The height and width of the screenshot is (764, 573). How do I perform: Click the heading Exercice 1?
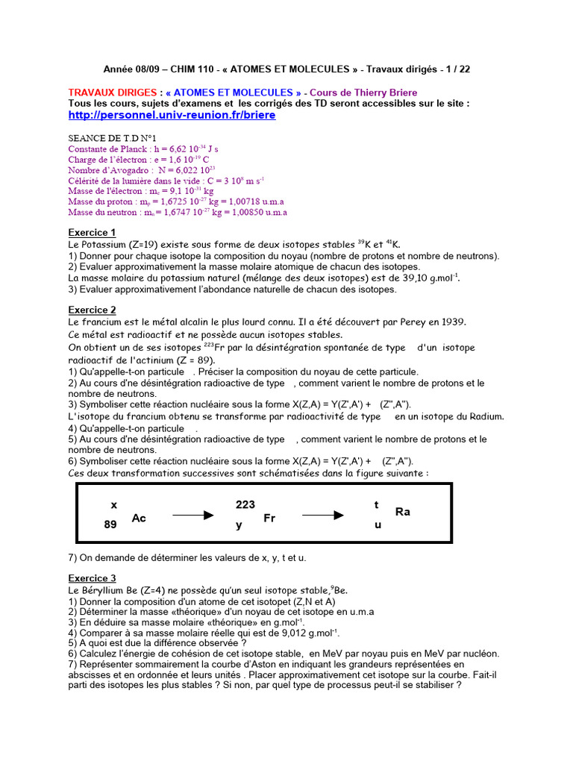[x=92, y=232]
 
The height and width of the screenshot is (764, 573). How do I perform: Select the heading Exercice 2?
[x=92, y=310]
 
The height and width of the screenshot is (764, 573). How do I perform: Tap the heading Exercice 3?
[x=92, y=577]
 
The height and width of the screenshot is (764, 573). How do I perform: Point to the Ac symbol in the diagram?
[x=139, y=517]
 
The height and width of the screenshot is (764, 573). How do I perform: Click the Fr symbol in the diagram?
[x=269, y=517]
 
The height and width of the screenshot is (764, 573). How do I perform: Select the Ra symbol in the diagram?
[x=403, y=512]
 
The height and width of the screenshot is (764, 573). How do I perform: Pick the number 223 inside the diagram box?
[x=245, y=505]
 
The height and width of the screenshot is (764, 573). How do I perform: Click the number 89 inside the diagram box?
[x=111, y=525]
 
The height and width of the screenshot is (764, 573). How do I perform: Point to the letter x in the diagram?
[x=114, y=505]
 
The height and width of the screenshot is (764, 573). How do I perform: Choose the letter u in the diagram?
[x=378, y=525]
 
